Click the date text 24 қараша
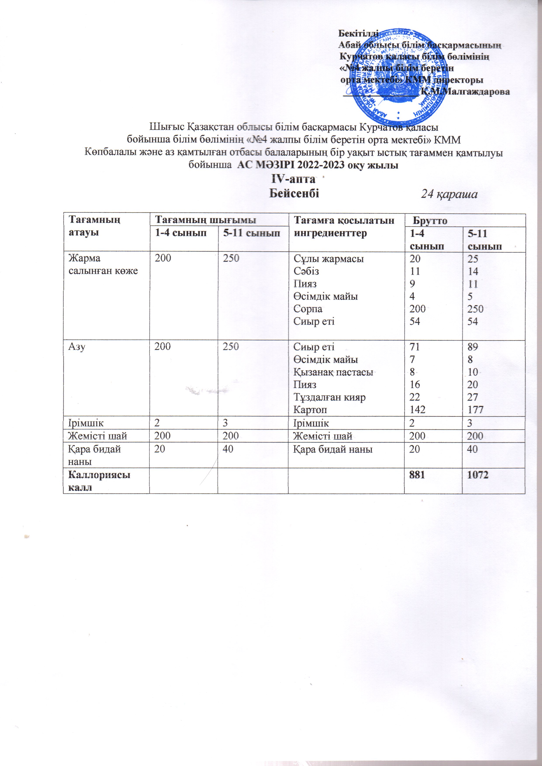coord(449,194)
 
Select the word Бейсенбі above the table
coord(294,193)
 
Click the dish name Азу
coord(77,347)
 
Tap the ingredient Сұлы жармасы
coord(329,258)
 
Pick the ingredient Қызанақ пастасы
coord(333,372)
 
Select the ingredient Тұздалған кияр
coord(329,397)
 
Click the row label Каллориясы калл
coord(99,481)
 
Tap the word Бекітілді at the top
coord(358,33)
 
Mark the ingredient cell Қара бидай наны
coord(333,449)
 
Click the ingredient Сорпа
coord(308,309)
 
